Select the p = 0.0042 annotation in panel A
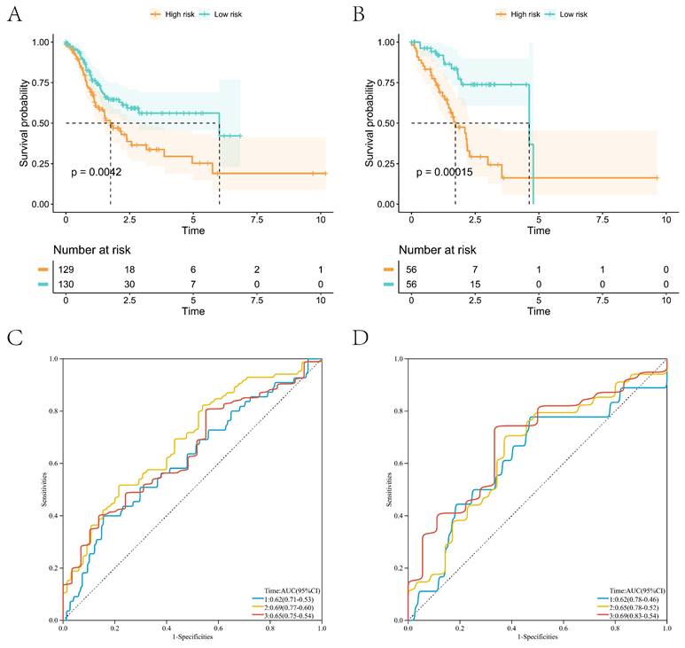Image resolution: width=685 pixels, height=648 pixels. click(95, 171)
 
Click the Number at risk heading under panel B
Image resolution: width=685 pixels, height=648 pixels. click(438, 252)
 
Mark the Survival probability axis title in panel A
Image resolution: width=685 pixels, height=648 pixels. click(26, 122)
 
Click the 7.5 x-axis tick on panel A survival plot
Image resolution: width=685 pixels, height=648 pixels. click(257, 217)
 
